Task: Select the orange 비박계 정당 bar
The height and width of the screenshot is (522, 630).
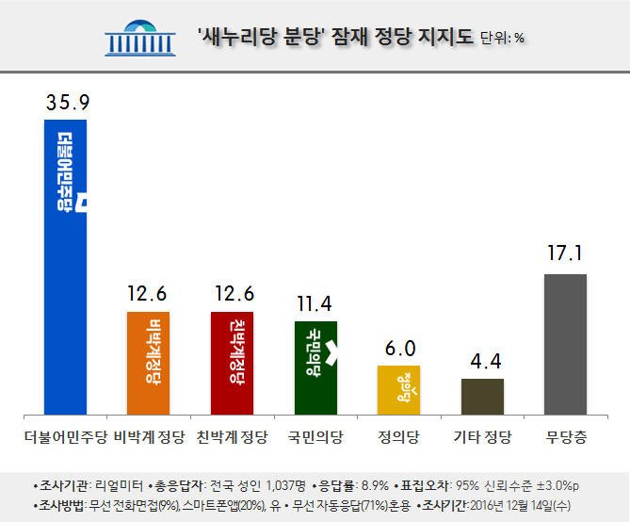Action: point(148,363)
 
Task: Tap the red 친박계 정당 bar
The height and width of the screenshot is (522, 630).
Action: point(232,363)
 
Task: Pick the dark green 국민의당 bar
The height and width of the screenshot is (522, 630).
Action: point(315,367)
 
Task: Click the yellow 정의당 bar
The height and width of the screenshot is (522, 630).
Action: point(398,389)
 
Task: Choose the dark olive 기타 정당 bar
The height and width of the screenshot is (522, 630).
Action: point(482,396)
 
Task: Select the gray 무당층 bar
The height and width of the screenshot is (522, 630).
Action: point(566,344)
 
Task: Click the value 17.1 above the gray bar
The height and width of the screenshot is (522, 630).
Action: point(566,255)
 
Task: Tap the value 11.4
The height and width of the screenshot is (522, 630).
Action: point(315,302)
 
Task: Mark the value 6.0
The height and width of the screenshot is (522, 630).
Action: point(398,348)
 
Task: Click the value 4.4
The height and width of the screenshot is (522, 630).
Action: point(482,360)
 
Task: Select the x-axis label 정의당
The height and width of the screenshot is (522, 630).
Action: point(398,436)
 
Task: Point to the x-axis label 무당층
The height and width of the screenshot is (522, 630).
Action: point(566,436)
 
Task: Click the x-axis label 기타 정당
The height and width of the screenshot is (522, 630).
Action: point(482,436)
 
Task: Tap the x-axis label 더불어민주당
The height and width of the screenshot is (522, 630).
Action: point(65,436)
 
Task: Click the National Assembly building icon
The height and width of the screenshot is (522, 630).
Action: point(140,37)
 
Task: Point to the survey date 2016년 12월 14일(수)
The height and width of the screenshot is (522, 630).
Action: point(524,505)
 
